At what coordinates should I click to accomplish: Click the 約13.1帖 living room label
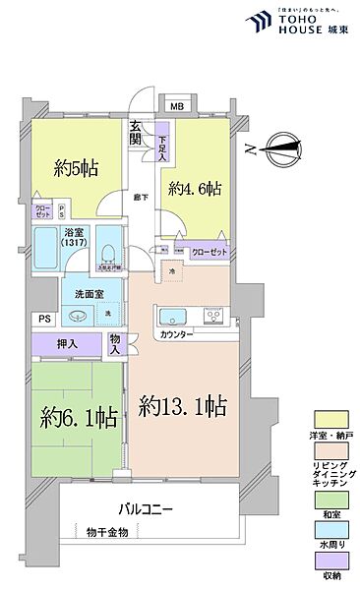(x=184, y=405)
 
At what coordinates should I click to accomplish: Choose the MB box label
(x=177, y=107)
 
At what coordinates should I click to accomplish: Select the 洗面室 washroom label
(x=78, y=294)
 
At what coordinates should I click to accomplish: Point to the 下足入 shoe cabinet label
(x=163, y=147)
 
